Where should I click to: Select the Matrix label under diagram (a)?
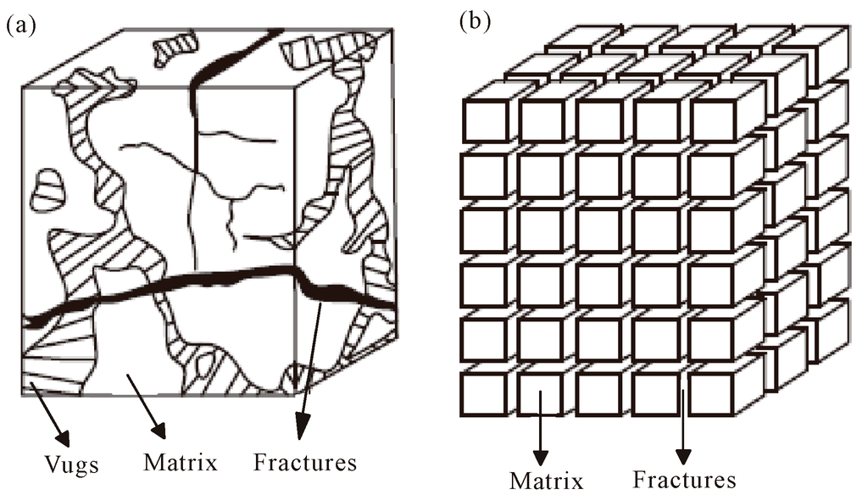pyautogui.click(x=181, y=463)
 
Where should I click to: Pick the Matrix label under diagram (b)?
pyautogui.click(x=547, y=481)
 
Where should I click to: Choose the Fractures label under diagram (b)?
pyautogui.click(x=685, y=480)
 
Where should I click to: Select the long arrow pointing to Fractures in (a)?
pyautogui.click(x=310, y=364)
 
